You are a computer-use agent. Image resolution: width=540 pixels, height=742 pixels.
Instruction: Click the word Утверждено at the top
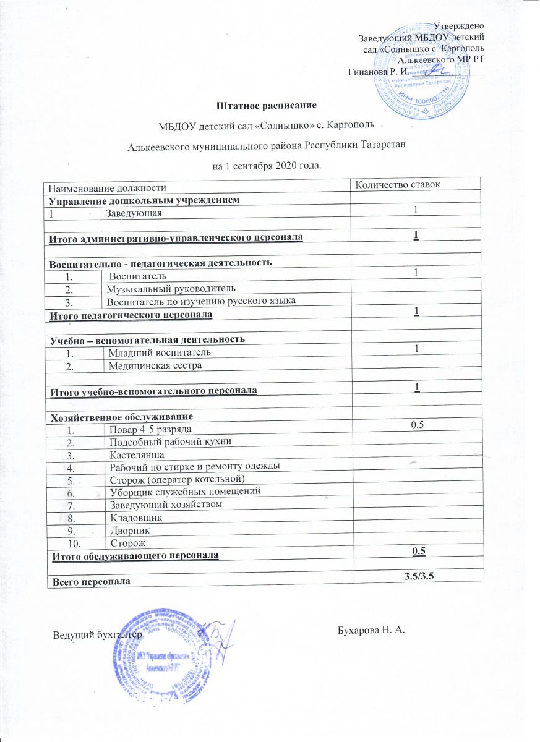click(x=458, y=26)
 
